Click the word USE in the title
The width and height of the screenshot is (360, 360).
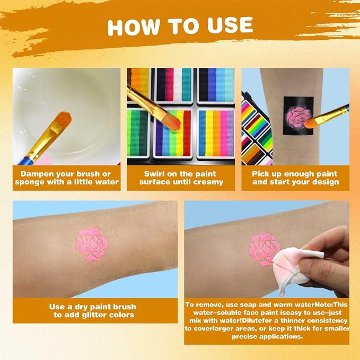point(230,25)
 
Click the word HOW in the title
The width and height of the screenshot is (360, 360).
point(134,27)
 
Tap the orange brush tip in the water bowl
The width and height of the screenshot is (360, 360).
point(62,120)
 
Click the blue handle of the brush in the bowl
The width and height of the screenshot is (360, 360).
point(25,161)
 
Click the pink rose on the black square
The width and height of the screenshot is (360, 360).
point(298,118)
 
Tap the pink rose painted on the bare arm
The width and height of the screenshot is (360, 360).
point(92,244)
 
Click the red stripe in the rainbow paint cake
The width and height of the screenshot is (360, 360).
point(187,133)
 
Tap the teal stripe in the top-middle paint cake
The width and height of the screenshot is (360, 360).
point(187,84)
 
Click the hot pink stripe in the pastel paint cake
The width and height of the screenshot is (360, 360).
point(224,133)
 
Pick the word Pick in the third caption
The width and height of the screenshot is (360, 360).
point(259,174)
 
